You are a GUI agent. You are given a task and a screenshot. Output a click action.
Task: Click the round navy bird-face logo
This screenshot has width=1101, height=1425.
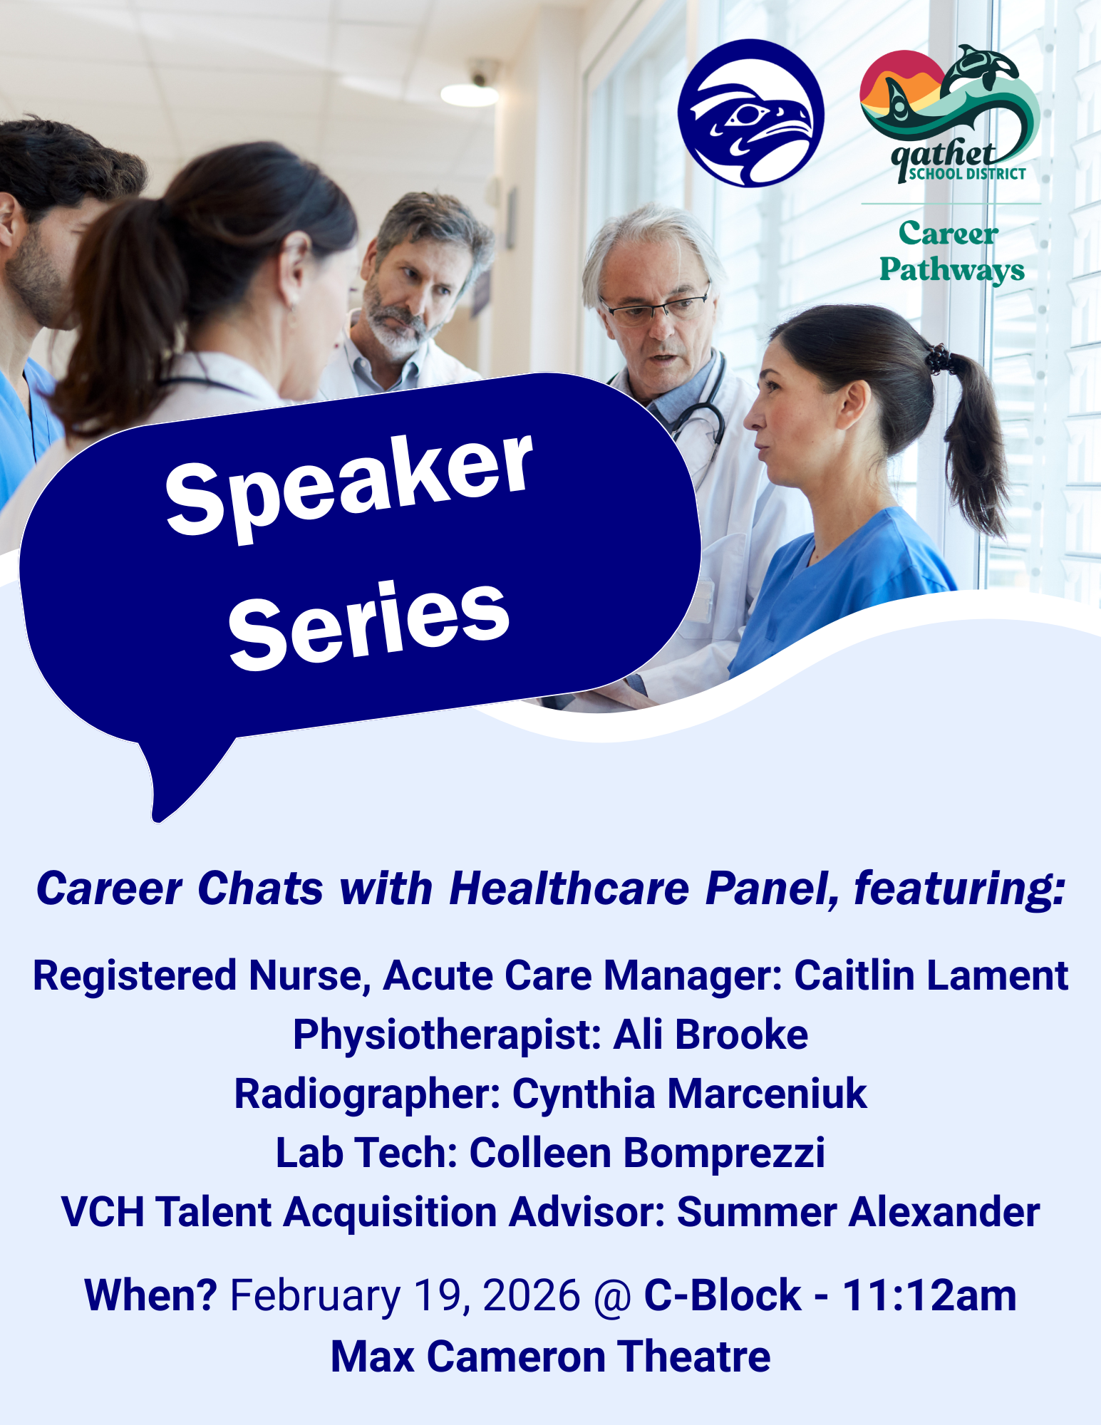click(x=750, y=114)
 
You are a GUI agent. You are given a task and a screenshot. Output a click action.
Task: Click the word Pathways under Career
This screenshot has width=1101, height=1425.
click(x=951, y=271)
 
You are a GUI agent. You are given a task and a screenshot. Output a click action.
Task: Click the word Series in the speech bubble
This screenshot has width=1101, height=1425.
click(x=368, y=625)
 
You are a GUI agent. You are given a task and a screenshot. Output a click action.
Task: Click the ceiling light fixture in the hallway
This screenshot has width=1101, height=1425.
click(x=468, y=93)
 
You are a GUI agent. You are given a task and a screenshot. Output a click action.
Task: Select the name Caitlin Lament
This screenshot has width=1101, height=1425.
click(x=931, y=975)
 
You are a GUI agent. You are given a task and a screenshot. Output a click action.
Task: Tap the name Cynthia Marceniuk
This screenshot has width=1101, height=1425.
click(x=689, y=1094)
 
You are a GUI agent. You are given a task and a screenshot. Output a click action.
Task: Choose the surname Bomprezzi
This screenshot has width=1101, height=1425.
click(x=724, y=1153)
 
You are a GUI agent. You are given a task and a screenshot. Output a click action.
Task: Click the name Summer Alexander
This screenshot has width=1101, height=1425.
click(x=858, y=1212)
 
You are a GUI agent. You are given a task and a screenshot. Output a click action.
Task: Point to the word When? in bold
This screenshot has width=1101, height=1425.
click(x=150, y=1295)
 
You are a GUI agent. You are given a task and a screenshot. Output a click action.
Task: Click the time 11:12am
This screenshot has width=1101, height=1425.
click(x=929, y=1295)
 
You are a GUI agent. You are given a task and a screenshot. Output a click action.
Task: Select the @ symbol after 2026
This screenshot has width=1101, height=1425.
click(x=612, y=1296)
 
